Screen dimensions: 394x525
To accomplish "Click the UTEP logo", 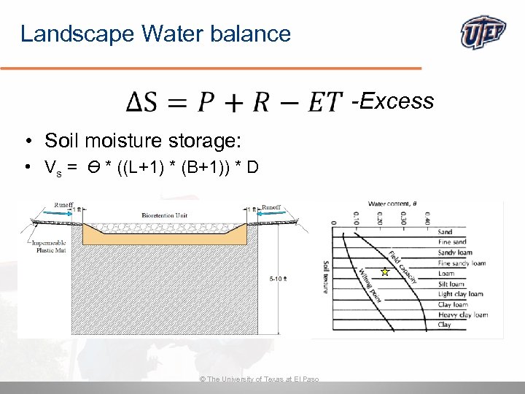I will [x=484, y=33].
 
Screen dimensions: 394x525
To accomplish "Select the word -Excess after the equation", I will [x=392, y=101].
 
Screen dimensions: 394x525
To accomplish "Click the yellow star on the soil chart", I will [x=385, y=272].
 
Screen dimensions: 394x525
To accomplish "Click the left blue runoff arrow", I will [x=54, y=216].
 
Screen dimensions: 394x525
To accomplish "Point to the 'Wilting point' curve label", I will [x=370, y=285].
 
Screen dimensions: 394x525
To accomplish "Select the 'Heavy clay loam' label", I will [x=462, y=314].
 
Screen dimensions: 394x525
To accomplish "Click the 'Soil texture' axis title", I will [x=325, y=277].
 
